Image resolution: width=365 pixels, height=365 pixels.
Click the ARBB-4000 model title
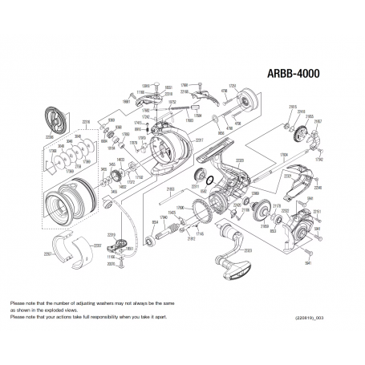click(x=292, y=72)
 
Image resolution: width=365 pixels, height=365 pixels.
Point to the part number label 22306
click(x=49, y=137)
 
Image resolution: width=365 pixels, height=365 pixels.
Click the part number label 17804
click(x=283, y=156)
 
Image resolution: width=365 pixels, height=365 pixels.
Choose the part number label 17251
click(x=233, y=84)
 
